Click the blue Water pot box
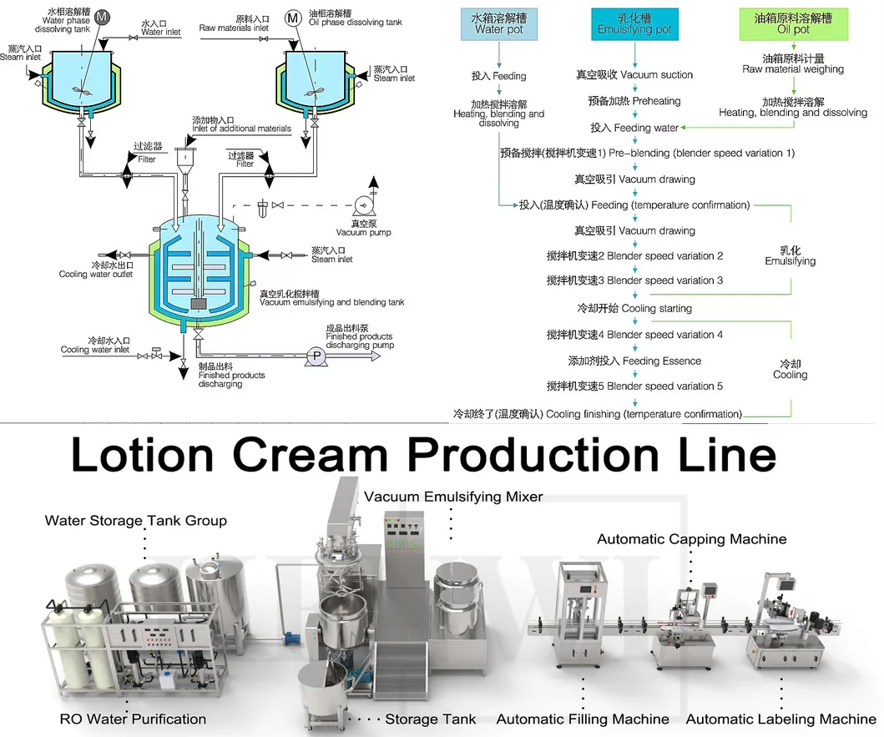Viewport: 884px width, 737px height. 499,23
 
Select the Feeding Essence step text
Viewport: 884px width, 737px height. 634,361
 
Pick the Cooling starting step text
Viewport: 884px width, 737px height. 634,308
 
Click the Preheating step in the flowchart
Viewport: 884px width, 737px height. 634,101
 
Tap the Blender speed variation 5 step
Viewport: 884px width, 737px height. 634,386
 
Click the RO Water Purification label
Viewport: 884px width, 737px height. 133,719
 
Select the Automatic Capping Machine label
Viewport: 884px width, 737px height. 691,539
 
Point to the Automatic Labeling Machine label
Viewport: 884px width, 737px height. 780,719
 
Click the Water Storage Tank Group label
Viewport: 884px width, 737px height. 135,521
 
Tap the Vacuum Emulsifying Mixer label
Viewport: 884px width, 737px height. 453,497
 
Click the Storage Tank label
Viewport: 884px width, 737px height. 430,719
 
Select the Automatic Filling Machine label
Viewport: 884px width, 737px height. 583,719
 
